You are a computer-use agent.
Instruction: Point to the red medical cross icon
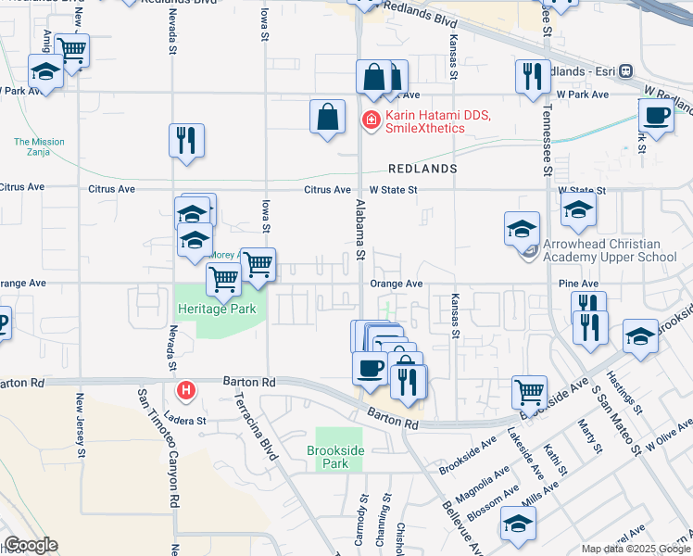[371, 120]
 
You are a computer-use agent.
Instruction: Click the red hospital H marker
[186, 391]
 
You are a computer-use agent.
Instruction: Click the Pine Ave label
[579, 284]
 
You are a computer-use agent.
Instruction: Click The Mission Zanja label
[39, 147]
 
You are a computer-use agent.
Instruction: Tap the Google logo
[30, 545]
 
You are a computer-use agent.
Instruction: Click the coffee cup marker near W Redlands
[656, 116]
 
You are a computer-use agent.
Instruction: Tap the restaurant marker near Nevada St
[186, 140]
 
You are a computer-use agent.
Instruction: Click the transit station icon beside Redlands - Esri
[626, 70]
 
